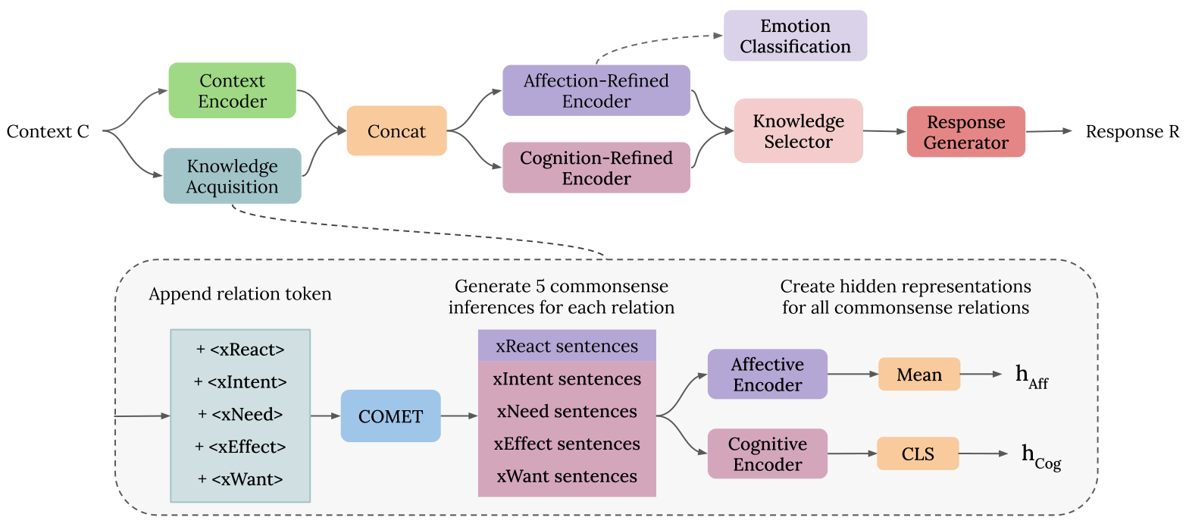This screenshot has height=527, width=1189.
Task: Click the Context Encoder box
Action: pyautogui.click(x=232, y=91)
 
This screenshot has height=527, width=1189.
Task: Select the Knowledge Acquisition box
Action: pyautogui.click(x=232, y=176)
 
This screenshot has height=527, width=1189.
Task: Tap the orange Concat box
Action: pyautogui.click(x=396, y=131)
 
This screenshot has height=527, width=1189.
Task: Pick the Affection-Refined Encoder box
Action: pyautogui.click(x=596, y=91)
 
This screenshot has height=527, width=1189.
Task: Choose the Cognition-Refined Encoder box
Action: pyautogui.click(x=596, y=168)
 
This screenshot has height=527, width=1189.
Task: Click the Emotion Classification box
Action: pyautogui.click(x=795, y=36)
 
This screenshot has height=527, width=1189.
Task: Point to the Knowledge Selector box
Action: pyautogui.click(x=798, y=131)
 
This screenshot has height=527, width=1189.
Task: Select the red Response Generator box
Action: pyautogui.click(x=965, y=132)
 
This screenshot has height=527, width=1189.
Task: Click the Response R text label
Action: pyautogui.click(x=1132, y=132)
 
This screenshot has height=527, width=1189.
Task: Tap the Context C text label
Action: pyautogui.click(x=48, y=132)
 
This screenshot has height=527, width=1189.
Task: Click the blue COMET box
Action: pyautogui.click(x=390, y=416)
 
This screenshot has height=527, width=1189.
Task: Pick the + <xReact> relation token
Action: pyautogui.click(x=240, y=350)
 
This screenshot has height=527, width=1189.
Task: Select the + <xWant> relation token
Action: pyautogui.click(x=240, y=479)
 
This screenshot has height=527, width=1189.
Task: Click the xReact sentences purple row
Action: pyautogui.click(x=567, y=346)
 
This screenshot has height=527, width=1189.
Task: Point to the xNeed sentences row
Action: pyautogui.click(x=567, y=411)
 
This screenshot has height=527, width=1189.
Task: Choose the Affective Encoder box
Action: pyautogui.click(x=767, y=375)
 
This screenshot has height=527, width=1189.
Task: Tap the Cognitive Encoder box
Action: pyautogui.click(x=767, y=454)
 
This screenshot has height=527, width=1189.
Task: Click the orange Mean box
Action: pyautogui.click(x=918, y=375)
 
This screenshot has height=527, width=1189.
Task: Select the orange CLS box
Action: pyautogui.click(x=918, y=454)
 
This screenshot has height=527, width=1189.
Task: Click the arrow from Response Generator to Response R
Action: pyautogui.click(x=1049, y=131)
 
